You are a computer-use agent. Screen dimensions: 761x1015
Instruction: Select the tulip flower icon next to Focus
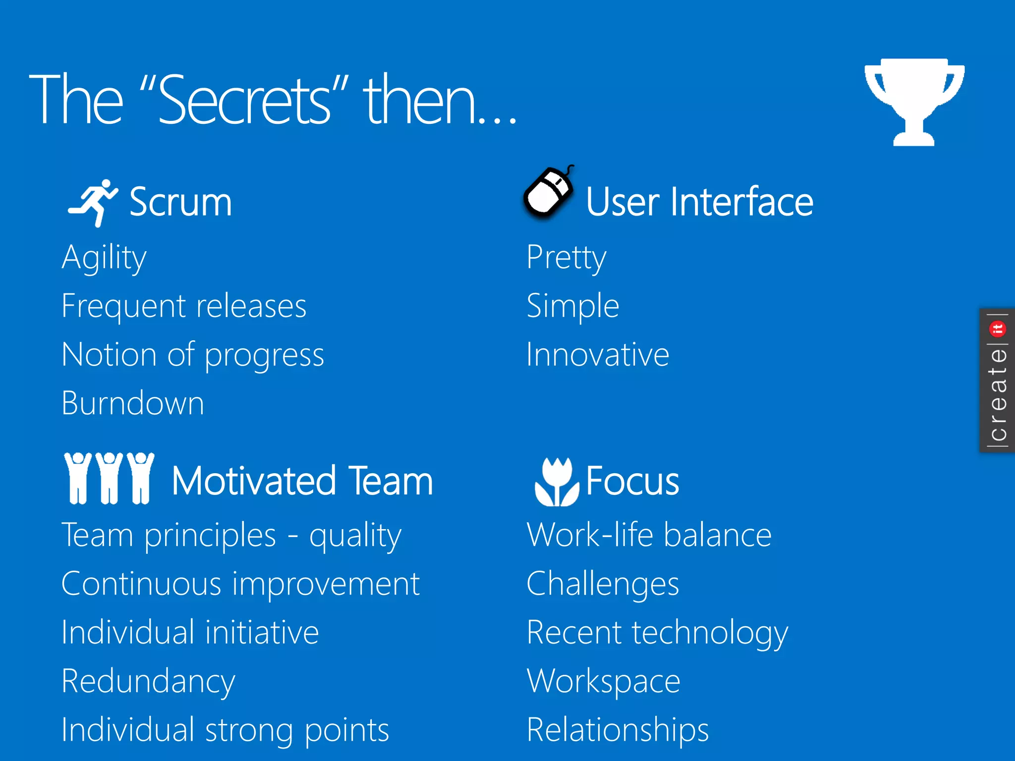557,482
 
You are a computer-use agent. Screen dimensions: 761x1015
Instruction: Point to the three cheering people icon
109,479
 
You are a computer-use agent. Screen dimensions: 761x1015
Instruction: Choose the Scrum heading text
180,202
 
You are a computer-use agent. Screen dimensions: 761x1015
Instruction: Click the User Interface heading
699,202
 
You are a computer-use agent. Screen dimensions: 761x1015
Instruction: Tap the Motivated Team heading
302,481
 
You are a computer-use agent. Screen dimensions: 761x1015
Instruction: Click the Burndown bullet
133,403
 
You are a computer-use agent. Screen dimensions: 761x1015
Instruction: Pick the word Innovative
598,355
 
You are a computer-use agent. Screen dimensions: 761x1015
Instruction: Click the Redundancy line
148,681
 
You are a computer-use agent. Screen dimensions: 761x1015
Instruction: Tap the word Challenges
603,584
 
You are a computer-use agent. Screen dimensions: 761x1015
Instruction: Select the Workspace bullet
604,681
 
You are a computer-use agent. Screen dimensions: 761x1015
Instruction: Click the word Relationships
618,730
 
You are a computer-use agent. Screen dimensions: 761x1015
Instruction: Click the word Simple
573,306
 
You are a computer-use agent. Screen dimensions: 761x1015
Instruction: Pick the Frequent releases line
184,306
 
